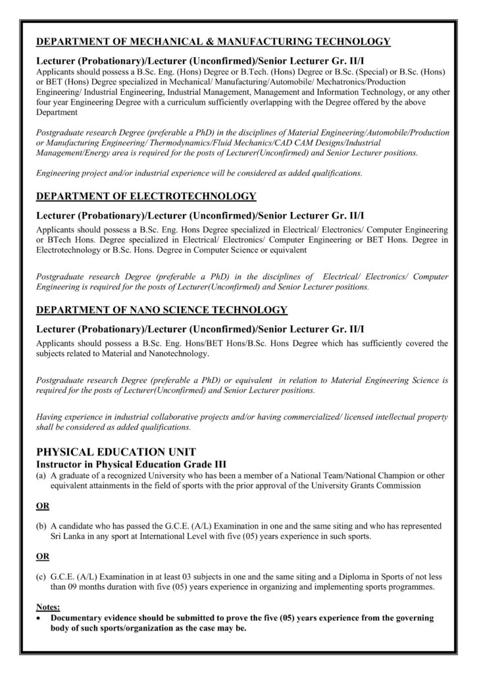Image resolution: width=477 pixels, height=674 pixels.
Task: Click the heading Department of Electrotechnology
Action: click(145, 196)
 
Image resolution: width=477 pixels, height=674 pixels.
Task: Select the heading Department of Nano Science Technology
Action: click(161, 309)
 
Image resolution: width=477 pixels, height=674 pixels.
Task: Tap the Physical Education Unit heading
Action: click(115, 453)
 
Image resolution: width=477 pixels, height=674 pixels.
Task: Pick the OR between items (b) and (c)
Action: click(43, 556)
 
